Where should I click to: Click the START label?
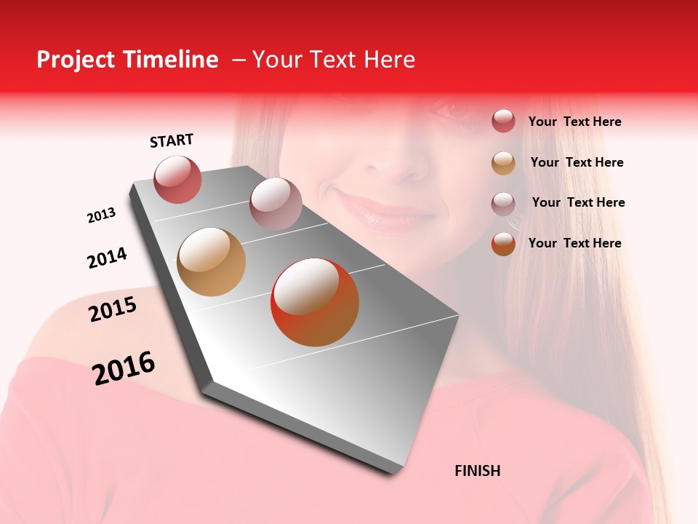pos(172,140)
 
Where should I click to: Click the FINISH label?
pos(478,471)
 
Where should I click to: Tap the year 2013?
pos(101,215)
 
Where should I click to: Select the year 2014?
pos(107,258)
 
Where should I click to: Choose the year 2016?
pos(124,368)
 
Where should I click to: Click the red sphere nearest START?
pos(178,179)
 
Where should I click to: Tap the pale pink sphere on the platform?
pos(276,204)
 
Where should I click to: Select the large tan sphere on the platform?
pos(212,262)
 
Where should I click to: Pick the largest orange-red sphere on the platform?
pos(315,302)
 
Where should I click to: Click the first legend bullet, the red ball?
pos(503,122)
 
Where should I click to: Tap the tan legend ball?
pos(503,163)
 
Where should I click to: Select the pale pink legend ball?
pos(503,203)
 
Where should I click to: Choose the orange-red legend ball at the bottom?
pos(503,244)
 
